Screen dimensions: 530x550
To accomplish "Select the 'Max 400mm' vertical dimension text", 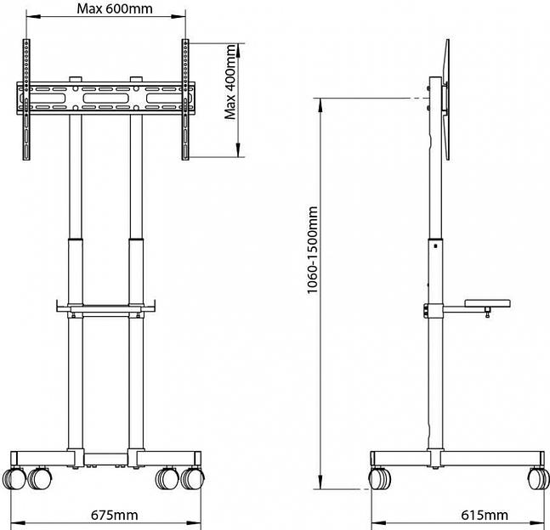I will [230, 83].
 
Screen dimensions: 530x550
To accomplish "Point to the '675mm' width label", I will [115, 515].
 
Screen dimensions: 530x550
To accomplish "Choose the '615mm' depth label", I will [485, 515].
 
